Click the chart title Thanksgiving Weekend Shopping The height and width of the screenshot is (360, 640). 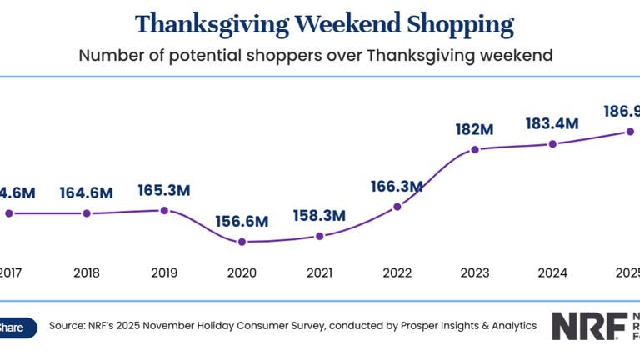click(324, 23)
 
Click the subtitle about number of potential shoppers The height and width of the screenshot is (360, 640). click(316, 56)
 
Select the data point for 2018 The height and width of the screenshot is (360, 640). click(86, 213)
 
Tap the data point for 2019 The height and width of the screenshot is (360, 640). click(164, 210)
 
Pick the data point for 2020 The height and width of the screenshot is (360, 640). click(242, 242)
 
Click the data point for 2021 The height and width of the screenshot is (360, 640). click(319, 236)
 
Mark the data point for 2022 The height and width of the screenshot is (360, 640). click(397, 206)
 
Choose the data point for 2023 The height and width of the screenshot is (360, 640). click(475, 150)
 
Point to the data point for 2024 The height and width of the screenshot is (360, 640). click(552, 144)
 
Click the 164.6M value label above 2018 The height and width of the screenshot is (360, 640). click(86, 193)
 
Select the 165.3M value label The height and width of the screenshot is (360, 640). click(163, 190)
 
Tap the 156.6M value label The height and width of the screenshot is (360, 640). click(241, 222)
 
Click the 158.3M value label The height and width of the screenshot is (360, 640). click(319, 216)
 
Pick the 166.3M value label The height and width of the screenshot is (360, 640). click(397, 186)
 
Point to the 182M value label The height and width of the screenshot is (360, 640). click(475, 130)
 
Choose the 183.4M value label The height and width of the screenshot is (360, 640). click(552, 124)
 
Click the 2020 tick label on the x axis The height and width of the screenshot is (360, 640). click(242, 272)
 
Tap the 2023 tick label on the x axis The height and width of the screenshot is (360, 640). click(475, 272)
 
